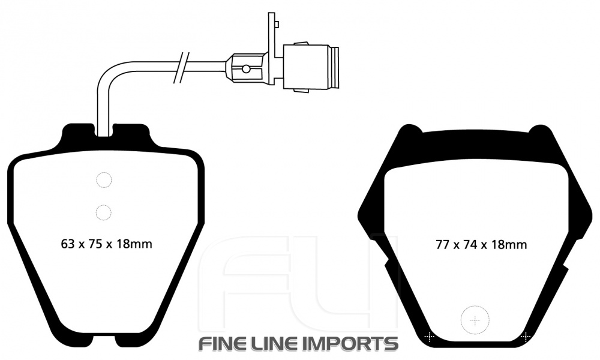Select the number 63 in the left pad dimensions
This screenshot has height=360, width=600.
[x=67, y=244]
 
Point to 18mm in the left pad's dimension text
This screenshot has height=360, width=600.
[x=134, y=244]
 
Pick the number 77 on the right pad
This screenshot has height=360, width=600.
[x=442, y=244]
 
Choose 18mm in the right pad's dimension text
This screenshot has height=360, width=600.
[x=509, y=244]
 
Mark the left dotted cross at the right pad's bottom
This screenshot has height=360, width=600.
[x=430, y=337]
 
